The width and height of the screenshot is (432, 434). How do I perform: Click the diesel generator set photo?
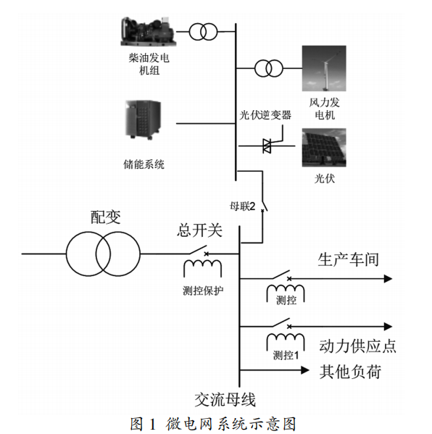tap(148, 31)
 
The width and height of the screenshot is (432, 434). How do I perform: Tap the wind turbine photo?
tap(324, 68)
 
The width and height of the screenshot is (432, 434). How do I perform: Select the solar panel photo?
tap(324, 148)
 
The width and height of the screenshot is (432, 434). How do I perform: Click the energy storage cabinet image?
tap(144, 120)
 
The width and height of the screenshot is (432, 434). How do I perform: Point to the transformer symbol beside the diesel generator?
tap(203, 32)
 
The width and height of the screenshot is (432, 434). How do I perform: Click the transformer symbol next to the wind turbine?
tap(269, 68)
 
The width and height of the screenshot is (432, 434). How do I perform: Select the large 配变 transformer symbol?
tap(103, 254)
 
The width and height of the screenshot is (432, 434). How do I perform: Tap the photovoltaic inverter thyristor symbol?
tap(267, 146)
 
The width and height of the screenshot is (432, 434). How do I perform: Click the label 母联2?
tap(243, 206)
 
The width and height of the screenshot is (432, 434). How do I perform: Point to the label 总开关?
tap(199, 230)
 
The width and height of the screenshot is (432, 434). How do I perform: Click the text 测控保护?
tap(203, 291)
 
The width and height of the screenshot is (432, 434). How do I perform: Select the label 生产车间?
tap(348, 259)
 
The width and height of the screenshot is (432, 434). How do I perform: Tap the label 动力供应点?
tap(358, 346)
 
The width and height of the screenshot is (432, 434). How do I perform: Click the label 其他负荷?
tap(350, 372)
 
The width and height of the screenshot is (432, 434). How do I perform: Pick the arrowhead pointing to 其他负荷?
tap(305, 370)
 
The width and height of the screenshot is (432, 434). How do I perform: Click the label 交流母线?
tap(225, 399)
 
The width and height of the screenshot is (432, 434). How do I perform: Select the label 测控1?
tap(286, 355)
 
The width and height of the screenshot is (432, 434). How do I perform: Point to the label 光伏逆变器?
tap(265, 115)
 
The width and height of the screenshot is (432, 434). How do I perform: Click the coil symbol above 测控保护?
tap(203, 268)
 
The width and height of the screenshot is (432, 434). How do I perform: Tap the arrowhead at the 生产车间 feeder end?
tap(388, 279)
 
